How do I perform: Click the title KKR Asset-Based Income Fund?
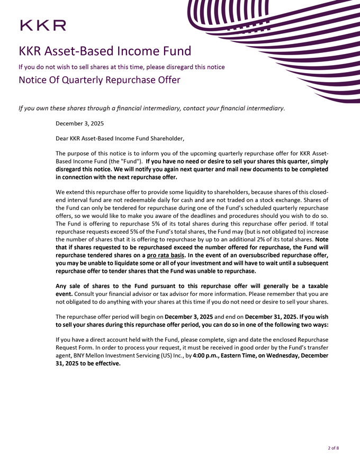(104, 52)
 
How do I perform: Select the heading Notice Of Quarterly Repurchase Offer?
(100, 80)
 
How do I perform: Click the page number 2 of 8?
(333, 448)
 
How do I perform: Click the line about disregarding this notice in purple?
(122, 67)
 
